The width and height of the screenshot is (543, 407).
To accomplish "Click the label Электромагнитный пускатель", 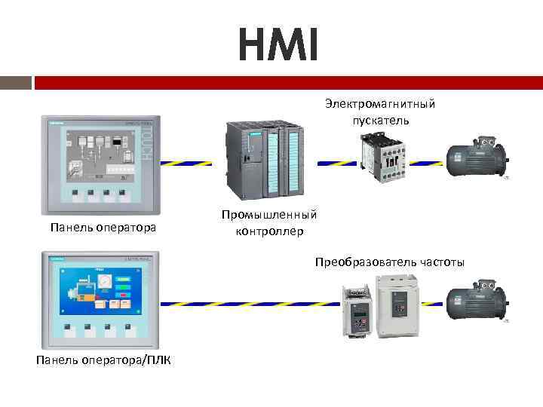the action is coord(380,112).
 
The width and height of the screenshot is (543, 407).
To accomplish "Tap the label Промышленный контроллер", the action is coord(269,223).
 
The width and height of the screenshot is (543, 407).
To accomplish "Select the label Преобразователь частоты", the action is coord(390,262).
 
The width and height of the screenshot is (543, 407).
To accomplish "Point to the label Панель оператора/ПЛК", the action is coord(103,360).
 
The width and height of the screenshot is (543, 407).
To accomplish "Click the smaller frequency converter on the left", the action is coord(357,309).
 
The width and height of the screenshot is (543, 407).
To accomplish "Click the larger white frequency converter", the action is coord(398,303).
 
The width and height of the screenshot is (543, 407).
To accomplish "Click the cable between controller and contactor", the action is coord(336,162).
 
